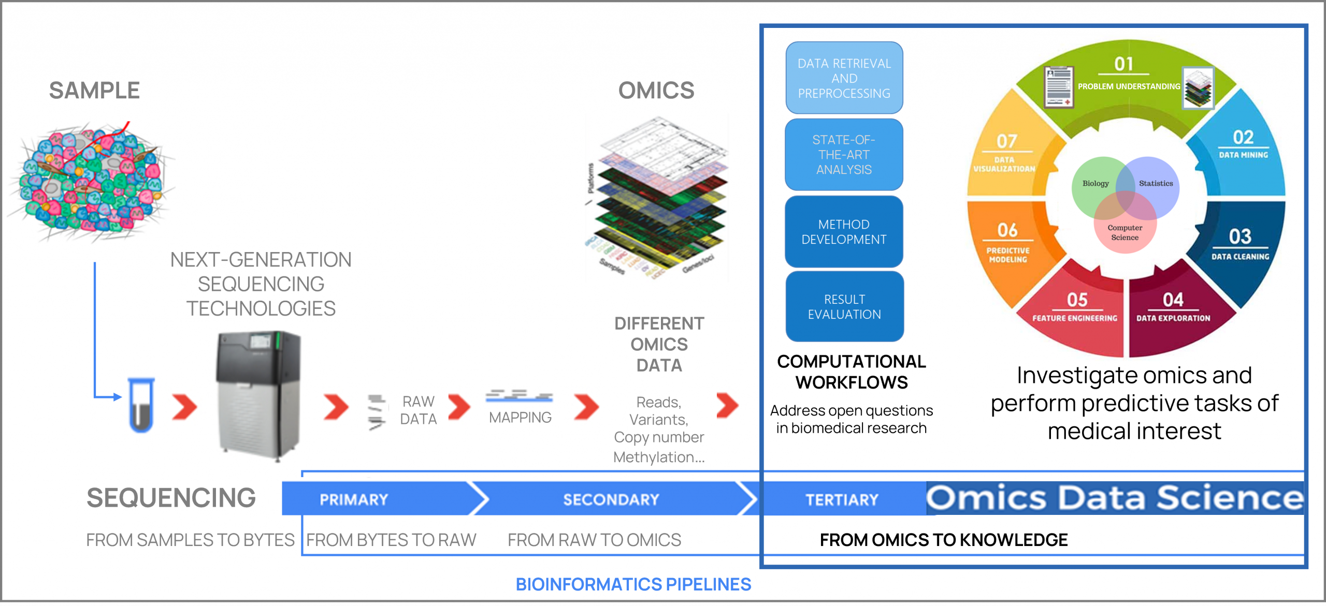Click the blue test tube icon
[141, 405]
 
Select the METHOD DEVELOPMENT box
[844, 232]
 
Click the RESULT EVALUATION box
[844, 307]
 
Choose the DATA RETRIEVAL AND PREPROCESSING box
[844, 78]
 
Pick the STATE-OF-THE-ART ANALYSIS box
[844, 155]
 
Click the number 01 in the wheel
[1123, 64]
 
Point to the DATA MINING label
[1243, 155]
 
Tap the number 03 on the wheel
[1240, 237]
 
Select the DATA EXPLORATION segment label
[1173, 318]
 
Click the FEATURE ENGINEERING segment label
[1075, 318]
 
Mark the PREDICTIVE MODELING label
[1007, 255]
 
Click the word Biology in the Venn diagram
[1096, 184]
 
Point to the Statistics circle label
[1156, 184]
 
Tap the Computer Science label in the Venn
[1125, 232]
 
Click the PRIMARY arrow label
[354, 499]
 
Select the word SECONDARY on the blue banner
[611, 499]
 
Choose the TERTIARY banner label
[842, 499]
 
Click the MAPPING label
[520, 417]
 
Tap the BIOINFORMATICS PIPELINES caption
[633, 584]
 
